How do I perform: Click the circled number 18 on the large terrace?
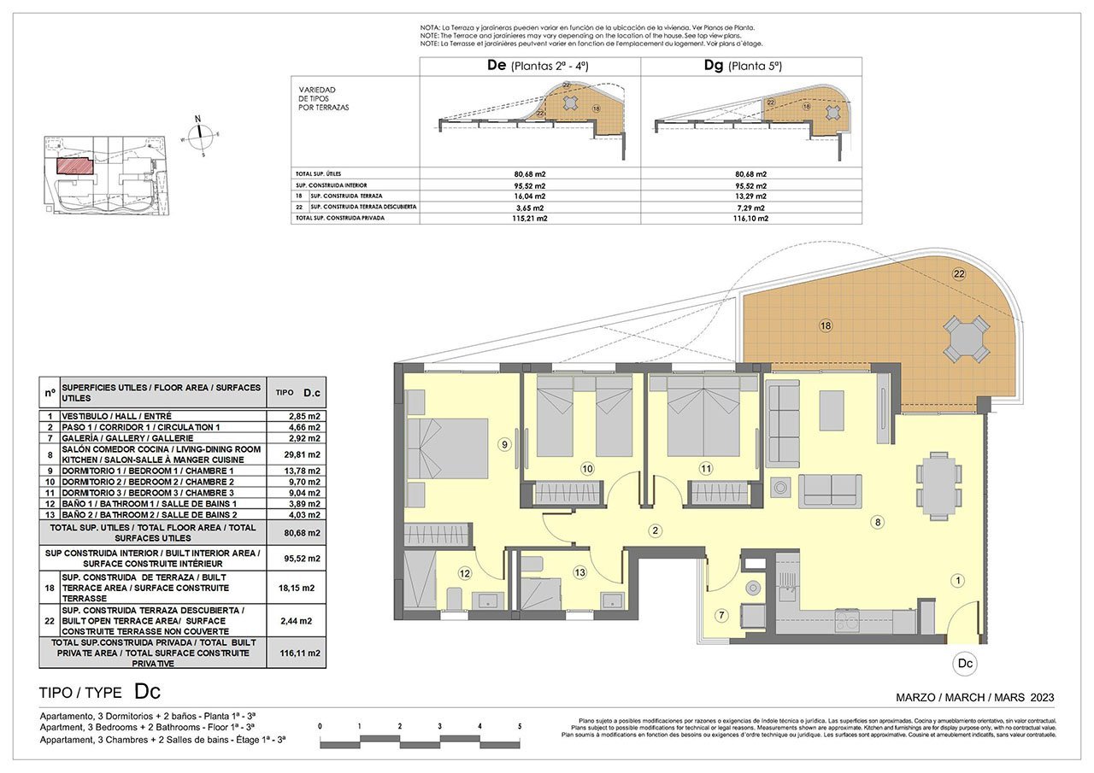click(x=825, y=325)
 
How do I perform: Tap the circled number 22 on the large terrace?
click(x=958, y=273)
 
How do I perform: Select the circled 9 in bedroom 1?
click(x=504, y=444)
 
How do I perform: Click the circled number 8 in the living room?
click(x=876, y=522)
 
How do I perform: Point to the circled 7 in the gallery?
click(x=721, y=615)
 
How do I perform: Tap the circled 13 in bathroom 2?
click(x=580, y=572)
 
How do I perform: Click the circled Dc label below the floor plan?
click(x=964, y=663)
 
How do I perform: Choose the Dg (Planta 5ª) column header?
click(x=742, y=66)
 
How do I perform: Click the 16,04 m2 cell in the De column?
click(x=530, y=196)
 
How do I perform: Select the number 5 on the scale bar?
click(x=520, y=727)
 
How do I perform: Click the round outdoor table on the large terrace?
click(x=966, y=339)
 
